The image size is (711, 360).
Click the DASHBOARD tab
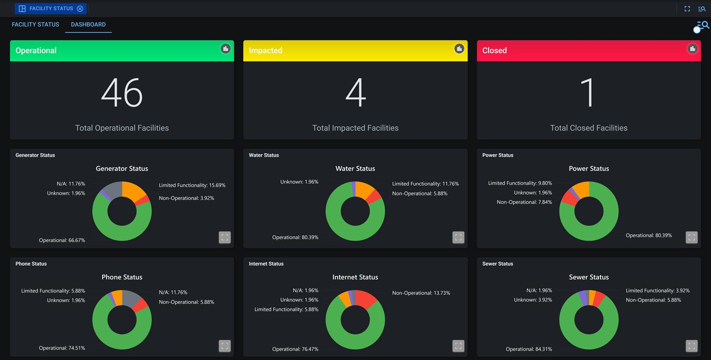(x=88, y=25)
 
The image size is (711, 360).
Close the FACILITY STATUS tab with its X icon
(x=80, y=9)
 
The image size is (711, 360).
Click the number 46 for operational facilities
(x=122, y=93)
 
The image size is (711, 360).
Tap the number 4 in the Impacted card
(x=355, y=93)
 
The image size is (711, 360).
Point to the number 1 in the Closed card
(x=588, y=93)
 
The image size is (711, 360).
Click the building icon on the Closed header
(x=692, y=49)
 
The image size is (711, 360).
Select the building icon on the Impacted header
(x=459, y=49)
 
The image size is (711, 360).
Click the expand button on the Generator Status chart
(x=225, y=237)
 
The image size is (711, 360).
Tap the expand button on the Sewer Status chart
(x=692, y=346)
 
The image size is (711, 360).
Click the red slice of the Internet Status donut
(x=366, y=298)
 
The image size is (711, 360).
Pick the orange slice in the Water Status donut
(x=364, y=189)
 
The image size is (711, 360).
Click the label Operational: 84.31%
(x=529, y=349)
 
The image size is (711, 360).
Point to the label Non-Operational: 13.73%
(x=421, y=293)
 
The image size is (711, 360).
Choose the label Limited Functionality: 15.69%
(x=192, y=185)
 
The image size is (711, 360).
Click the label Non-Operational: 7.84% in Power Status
(x=524, y=202)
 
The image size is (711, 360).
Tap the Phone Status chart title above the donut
(x=122, y=277)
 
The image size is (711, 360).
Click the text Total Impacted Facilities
(x=355, y=128)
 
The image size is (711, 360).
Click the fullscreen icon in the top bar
(x=687, y=9)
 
